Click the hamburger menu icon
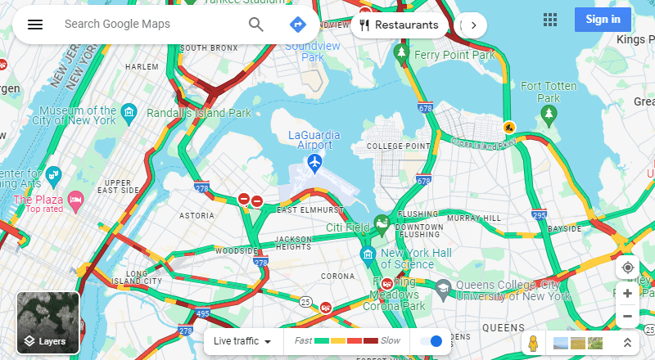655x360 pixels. click(x=34, y=24)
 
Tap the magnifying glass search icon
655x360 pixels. click(x=256, y=24)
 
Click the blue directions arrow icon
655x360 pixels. click(x=298, y=24)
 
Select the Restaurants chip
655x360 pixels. click(x=399, y=25)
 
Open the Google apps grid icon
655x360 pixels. click(x=550, y=19)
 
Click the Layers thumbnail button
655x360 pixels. click(x=48, y=323)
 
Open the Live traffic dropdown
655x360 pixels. click(x=242, y=340)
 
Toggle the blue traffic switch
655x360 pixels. click(x=431, y=340)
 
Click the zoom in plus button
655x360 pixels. click(x=627, y=293)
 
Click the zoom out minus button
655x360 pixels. click(x=627, y=316)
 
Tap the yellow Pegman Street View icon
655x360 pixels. click(x=533, y=342)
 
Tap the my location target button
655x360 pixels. click(x=627, y=268)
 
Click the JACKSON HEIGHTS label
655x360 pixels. click(x=293, y=242)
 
